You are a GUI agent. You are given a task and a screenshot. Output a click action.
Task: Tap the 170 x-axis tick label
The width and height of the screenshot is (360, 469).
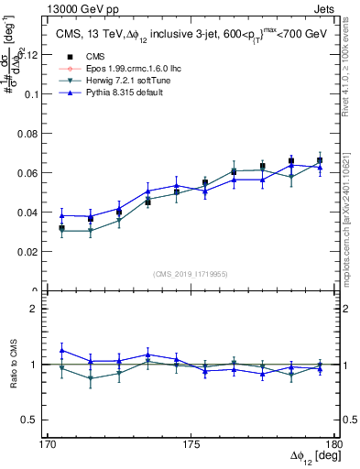point(49,444)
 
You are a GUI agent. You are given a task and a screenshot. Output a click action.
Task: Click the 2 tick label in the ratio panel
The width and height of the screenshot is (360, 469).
point(40,309)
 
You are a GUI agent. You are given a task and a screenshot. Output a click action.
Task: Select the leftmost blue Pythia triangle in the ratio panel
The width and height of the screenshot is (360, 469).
point(62,350)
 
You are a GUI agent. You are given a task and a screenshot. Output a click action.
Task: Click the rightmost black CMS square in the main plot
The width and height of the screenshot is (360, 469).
point(320,161)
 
